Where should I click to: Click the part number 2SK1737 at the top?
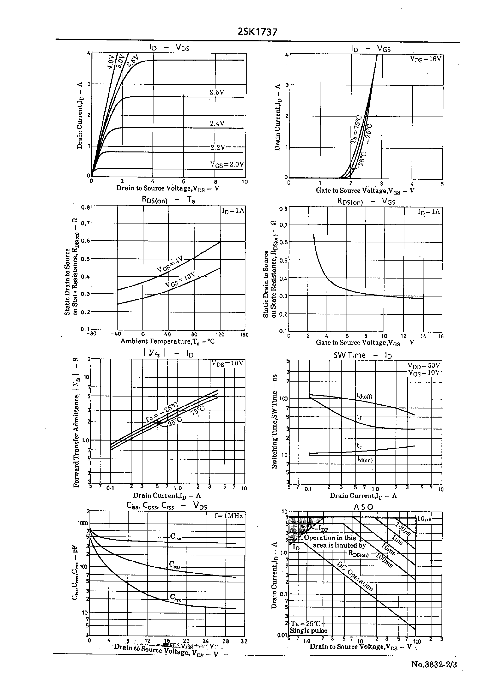pos(257,32)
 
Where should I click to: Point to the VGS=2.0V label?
pos(227,164)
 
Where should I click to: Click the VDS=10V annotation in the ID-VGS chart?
pos(426,59)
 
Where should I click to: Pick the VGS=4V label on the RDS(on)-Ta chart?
pos(170,264)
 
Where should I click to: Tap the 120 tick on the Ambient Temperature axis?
pos(220,334)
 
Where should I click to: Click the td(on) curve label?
pos(365,459)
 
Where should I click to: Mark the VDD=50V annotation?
pos(424,366)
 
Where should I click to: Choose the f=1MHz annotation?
pos(229,516)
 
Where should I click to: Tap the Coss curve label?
pos(175,565)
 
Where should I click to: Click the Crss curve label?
pos(175,597)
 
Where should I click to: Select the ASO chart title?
pos(363,507)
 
